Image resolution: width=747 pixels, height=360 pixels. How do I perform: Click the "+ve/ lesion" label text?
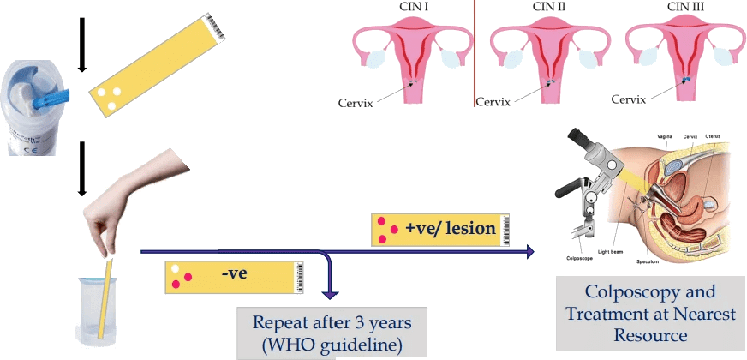pos(451,229)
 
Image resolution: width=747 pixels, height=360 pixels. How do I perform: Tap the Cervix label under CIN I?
pos(356,102)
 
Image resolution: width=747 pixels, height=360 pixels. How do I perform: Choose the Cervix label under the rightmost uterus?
pos(634,99)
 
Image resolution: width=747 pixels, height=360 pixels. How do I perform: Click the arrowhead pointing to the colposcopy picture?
pos(530,252)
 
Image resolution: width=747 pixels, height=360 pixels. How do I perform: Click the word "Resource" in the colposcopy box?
pos(651,333)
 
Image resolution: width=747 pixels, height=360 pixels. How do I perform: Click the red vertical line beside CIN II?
pos(475,51)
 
